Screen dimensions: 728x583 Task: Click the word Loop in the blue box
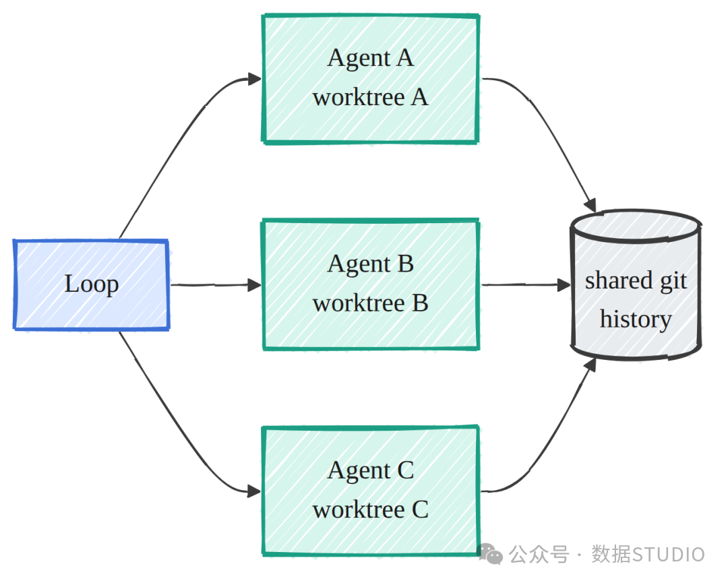coord(92,284)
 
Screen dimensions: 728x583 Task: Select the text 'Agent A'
coord(371,59)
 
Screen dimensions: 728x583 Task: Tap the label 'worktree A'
coord(371,98)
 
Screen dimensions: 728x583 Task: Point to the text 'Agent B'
coord(371,265)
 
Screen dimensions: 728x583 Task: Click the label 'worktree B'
coord(371,303)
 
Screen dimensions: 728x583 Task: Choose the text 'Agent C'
coord(371,471)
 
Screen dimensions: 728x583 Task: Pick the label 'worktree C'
coord(371,510)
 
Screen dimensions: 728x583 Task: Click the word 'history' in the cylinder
coord(636,320)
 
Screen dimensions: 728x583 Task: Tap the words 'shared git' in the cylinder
coord(636,282)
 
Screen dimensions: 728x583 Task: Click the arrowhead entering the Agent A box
coord(254,79)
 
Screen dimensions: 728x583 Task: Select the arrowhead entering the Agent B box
coord(254,285)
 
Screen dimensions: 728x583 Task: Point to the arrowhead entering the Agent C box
coord(254,491)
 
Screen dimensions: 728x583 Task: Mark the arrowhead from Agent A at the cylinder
coord(590,206)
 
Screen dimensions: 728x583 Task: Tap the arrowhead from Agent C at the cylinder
coord(590,365)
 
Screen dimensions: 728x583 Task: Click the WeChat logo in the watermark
coord(490,554)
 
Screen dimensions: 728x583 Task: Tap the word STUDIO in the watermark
coord(669,555)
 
